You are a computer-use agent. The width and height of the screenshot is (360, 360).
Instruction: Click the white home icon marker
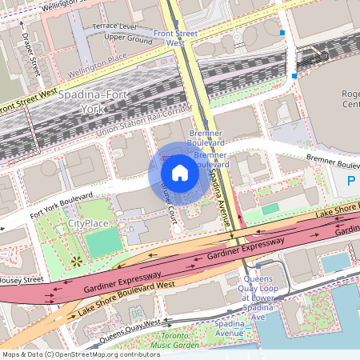coord(180,173)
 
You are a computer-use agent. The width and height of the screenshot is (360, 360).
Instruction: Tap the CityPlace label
coord(88,223)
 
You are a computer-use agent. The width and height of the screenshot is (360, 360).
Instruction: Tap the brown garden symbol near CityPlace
coord(77,261)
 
